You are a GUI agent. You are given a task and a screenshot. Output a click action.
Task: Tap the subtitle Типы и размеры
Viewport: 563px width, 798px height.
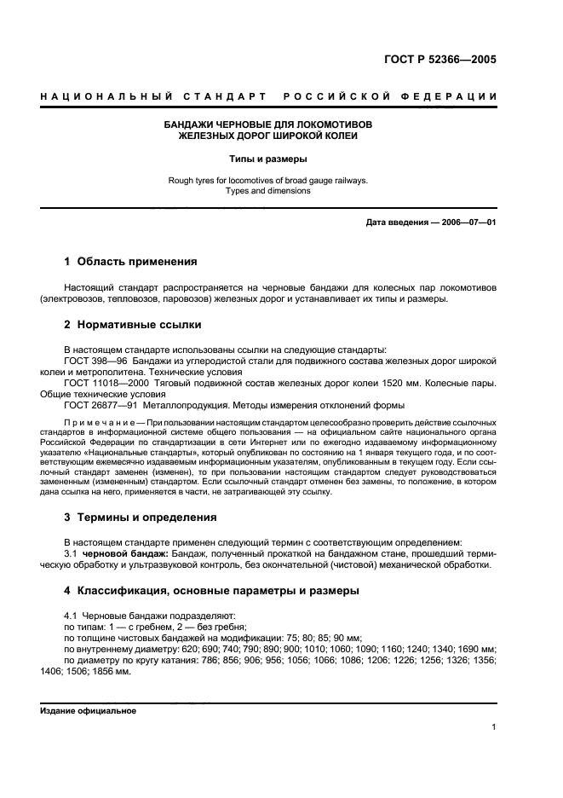pos(268,159)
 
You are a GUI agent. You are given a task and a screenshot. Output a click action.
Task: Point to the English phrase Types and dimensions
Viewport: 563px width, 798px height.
pos(268,191)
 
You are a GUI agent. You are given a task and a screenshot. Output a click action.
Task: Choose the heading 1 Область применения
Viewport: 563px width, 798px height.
pos(130,262)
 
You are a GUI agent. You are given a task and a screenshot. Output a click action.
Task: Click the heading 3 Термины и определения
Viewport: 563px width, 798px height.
pos(141,517)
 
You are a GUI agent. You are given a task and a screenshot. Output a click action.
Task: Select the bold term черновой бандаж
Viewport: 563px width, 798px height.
pos(122,554)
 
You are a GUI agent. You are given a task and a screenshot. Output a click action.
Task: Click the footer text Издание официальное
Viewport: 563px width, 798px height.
pos(88,711)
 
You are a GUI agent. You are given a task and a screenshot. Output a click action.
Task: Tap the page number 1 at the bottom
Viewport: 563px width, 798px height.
pos(494,727)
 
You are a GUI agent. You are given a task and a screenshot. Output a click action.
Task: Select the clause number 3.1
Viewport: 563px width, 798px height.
pos(72,554)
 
